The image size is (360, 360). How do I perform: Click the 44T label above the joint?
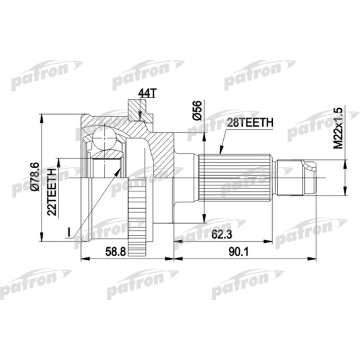pyautogui.click(x=146, y=93)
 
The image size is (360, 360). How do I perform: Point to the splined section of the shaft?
pyautogui.click(x=234, y=177)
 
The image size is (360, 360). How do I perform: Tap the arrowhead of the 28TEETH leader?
pyautogui.click(x=220, y=152)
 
